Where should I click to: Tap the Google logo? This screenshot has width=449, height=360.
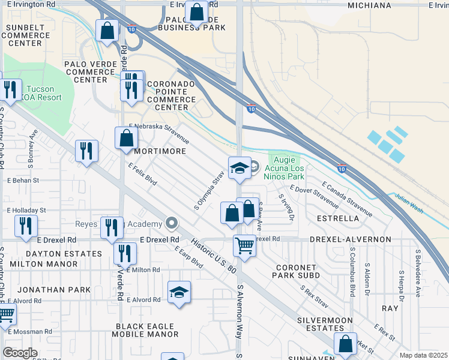point(20,352)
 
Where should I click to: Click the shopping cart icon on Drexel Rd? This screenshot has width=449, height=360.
point(244,245)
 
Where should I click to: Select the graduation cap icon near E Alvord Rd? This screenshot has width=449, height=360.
point(179,292)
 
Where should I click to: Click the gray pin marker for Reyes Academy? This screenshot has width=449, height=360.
point(172,224)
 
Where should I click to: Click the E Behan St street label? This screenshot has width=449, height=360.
point(23,180)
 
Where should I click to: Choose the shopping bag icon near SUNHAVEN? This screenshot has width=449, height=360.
point(345,343)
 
